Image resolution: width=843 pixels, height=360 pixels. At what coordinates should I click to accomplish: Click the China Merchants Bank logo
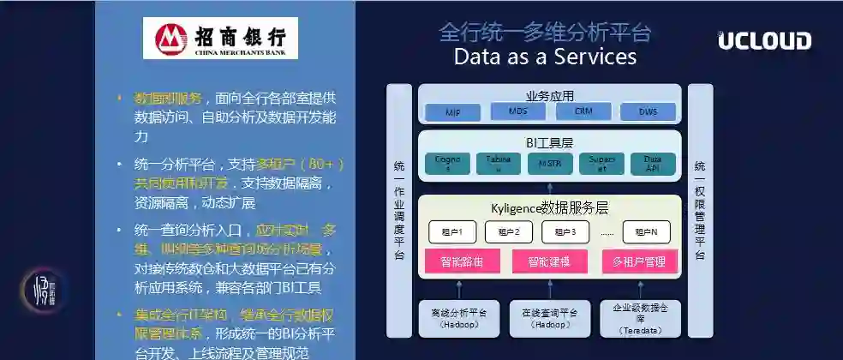pyautogui.click(x=220, y=39)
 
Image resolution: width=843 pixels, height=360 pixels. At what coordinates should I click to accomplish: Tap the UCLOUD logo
pyautogui.click(x=764, y=41)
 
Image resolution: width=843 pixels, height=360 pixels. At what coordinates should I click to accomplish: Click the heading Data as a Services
pyautogui.click(x=545, y=57)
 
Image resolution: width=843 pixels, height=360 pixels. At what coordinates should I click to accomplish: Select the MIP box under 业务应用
pyautogui.click(x=452, y=112)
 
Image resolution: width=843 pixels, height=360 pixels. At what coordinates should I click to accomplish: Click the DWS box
pyautogui.click(x=649, y=111)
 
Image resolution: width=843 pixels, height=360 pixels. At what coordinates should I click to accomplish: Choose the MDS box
pyautogui.click(x=517, y=111)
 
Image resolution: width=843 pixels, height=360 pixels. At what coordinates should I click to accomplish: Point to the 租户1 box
pyautogui.click(x=451, y=231)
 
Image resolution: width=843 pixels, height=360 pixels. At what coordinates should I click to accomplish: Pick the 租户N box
pyautogui.click(x=646, y=231)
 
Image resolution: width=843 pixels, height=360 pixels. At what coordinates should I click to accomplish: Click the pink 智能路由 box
pyautogui.click(x=455, y=261)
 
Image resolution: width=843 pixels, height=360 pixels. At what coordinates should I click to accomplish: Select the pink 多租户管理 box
pyautogui.click(x=639, y=261)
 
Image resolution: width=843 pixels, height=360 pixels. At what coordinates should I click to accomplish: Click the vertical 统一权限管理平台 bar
pyautogui.click(x=700, y=210)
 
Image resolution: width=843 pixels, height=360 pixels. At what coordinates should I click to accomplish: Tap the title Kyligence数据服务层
pyautogui.click(x=550, y=207)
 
